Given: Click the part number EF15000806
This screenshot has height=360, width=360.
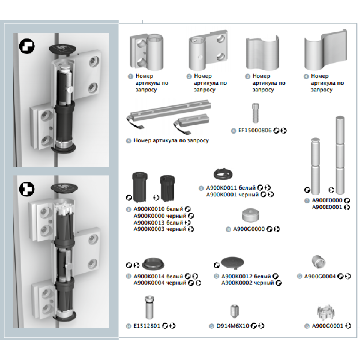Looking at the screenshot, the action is [x=255, y=130].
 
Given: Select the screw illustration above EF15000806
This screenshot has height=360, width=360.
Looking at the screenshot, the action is [x=256, y=113].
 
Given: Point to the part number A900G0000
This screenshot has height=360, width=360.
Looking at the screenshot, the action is [x=249, y=229].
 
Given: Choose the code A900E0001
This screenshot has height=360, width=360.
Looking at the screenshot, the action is [x=327, y=207].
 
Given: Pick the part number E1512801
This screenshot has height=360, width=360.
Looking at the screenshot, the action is [x=147, y=326].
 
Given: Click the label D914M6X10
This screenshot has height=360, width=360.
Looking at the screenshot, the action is [x=233, y=326].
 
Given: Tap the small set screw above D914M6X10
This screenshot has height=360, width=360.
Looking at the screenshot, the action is [x=234, y=311].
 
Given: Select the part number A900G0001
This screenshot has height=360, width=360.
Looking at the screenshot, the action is [x=328, y=326].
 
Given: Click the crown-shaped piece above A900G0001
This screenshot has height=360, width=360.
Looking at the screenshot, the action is [x=325, y=312].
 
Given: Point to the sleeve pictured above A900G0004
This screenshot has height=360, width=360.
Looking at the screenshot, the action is [x=319, y=262].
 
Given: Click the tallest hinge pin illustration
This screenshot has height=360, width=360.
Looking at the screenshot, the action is [x=340, y=155].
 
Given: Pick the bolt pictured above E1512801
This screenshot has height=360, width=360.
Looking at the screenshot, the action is [x=149, y=307].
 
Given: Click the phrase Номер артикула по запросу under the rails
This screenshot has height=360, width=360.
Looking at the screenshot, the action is [x=171, y=141].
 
